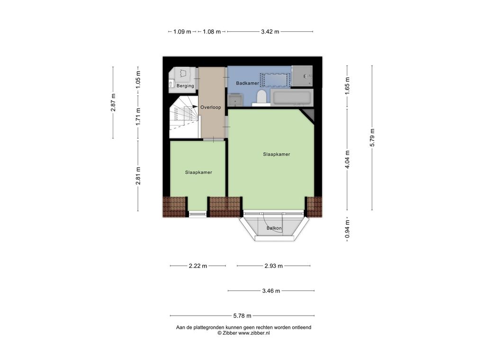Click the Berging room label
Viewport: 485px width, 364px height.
[x=185, y=86]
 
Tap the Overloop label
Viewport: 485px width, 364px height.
[x=211, y=108]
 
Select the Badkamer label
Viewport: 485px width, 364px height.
[x=247, y=83]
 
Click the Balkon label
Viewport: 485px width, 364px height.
[x=274, y=228]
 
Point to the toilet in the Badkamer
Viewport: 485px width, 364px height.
[x=261, y=97]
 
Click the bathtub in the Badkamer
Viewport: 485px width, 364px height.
[x=292, y=98]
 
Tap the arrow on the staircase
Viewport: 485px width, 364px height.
[x=194, y=107]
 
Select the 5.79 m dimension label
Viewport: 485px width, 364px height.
[x=372, y=138]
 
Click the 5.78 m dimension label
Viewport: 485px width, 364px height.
[x=242, y=316]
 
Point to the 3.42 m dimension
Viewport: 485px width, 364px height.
[x=270, y=32]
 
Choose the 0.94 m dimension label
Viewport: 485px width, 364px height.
[x=347, y=229]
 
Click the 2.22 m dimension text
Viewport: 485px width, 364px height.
[x=198, y=266]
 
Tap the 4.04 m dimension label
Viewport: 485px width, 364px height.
[x=347, y=160]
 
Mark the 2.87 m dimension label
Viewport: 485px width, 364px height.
[x=113, y=102]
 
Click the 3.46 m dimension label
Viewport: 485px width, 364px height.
[x=271, y=291]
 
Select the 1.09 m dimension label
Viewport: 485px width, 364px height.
[x=182, y=32]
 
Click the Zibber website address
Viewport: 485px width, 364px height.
[x=254, y=333]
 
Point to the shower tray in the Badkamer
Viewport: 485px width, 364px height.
[x=302, y=76]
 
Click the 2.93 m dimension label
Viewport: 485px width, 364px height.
[x=273, y=266]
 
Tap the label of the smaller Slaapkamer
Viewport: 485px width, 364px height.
[x=198, y=173]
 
